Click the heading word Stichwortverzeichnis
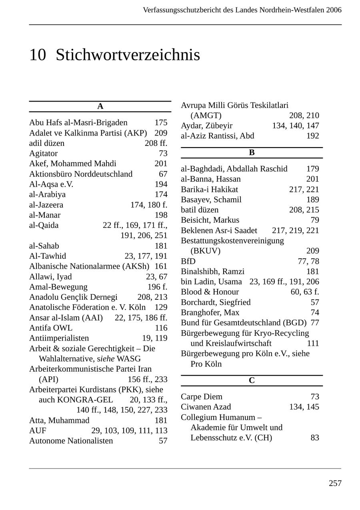pyautogui.click(x=128, y=55)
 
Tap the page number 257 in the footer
pyautogui.click(x=335, y=484)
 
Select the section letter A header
pyautogui.click(x=100, y=106)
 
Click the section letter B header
pyautogui.click(x=252, y=153)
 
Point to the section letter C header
pyautogui.click(x=252, y=381)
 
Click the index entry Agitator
pyautogui.click(x=43, y=153)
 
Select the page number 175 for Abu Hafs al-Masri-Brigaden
pyautogui.click(x=161, y=123)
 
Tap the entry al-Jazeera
pyautogui.click(x=46, y=205)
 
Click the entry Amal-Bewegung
pyautogui.click(x=58, y=287)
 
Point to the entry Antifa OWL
pyautogui.click(x=51, y=328)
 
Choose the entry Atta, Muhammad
pyautogui.click(x=59, y=420)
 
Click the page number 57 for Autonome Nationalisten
pyautogui.click(x=163, y=441)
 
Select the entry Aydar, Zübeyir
pyautogui.click(x=206, y=126)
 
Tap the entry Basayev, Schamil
pyautogui.click(x=211, y=200)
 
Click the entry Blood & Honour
pyautogui.click(x=210, y=292)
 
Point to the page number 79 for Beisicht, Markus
pyautogui.click(x=315, y=220)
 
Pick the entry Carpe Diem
pyautogui.click(x=202, y=397)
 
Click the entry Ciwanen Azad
pyautogui.click(x=206, y=407)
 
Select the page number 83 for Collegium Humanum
pyautogui.click(x=315, y=438)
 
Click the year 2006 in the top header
pyautogui.click(x=334, y=10)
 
